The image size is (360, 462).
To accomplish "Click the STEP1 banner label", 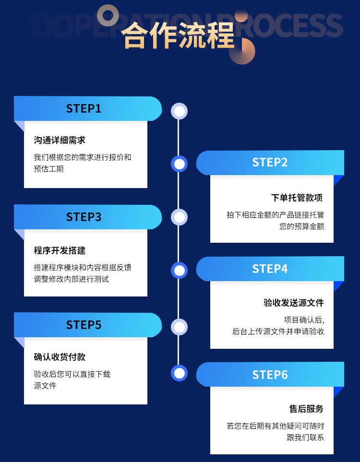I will click(84, 108).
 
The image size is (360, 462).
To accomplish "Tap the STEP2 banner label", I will click(270, 163).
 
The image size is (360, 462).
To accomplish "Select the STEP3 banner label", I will click(84, 217).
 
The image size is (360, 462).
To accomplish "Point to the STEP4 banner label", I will click(270, 269).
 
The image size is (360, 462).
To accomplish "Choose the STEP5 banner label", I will click(84, 325).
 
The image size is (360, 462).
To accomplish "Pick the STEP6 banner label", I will click(270, 375).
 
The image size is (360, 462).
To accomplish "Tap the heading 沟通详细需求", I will click(60, 140).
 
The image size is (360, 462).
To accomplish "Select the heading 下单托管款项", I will click(297, 198).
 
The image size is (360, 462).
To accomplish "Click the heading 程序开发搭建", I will click(60, 250).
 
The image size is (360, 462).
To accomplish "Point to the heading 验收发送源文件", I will click(294, 303).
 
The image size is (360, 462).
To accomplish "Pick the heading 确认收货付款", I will click(60, 357).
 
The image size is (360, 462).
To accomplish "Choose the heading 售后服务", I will click(306, 409).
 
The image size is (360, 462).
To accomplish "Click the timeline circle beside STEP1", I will click(180, 111).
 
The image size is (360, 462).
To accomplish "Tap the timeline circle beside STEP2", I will click(180, 164).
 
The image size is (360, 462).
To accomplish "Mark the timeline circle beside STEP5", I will click(180, 327).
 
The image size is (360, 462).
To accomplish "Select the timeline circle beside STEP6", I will click(180, 373).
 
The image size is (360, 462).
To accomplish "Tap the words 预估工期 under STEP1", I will click(48, 169).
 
